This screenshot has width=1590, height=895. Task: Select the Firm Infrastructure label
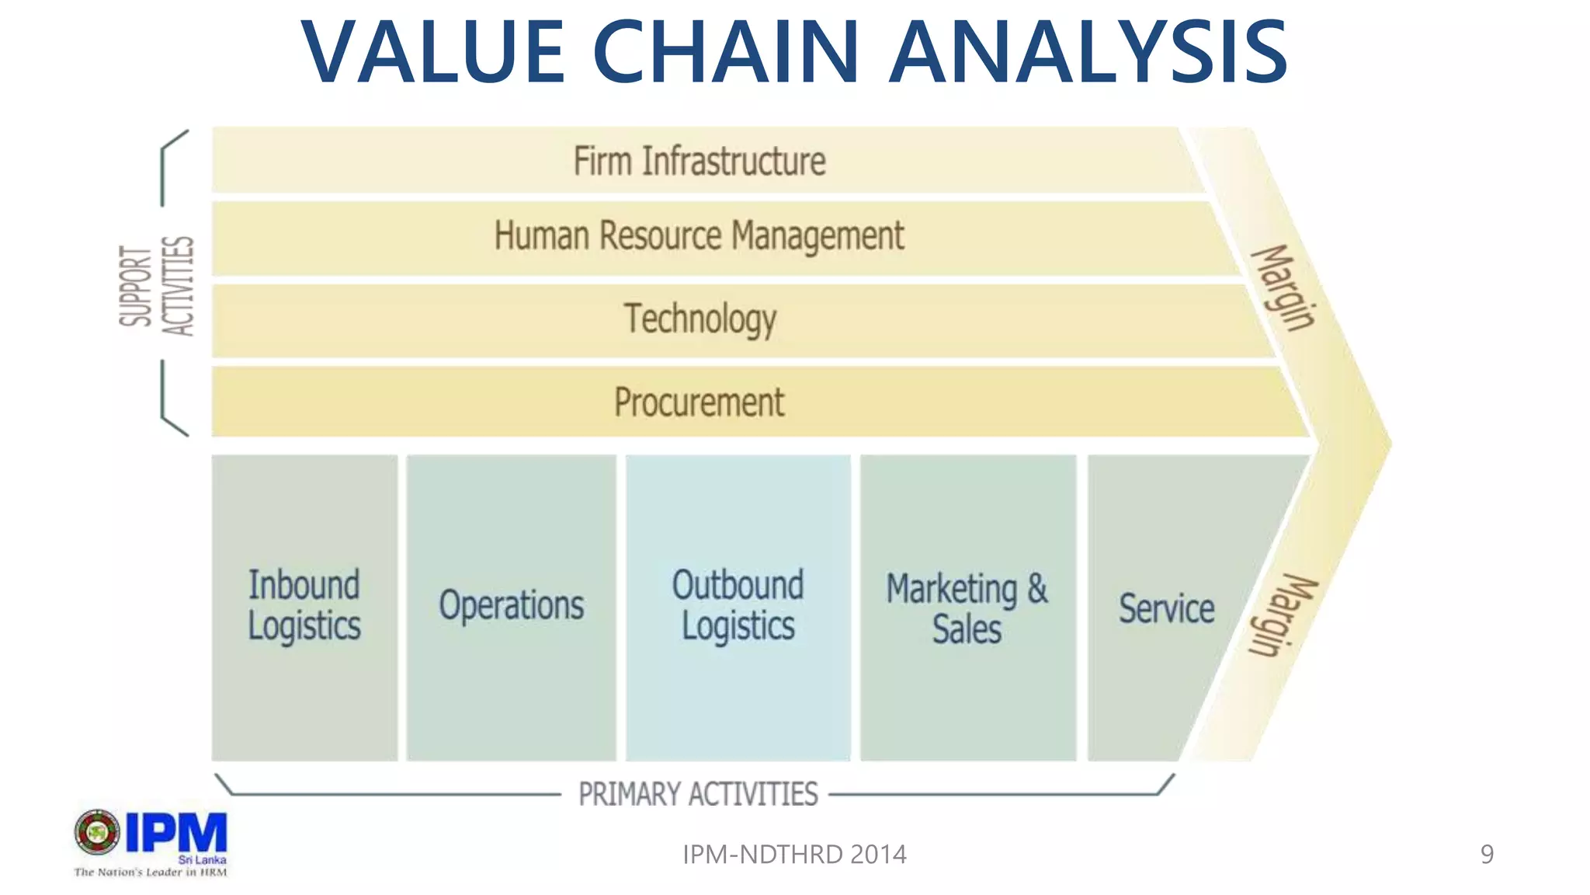pyautogui.click(x=699, y=162)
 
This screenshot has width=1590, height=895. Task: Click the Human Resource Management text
pyautogui.click(x=699, y=236)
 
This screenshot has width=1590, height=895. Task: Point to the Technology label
pyautogui.click(x=700, y=319)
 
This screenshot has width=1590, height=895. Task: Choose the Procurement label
pyautogui.click(x=699, y=402)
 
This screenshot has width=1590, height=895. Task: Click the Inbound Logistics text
pyautogui.click(x=304, y=606)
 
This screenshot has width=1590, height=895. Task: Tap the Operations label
pyautogui.click(x=511, y=606)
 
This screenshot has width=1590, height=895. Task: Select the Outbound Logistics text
pyautogui.click(x=738, y=606)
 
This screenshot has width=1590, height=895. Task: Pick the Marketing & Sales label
pyautogui.click(x=967, y=609)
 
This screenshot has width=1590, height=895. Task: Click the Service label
pyautogui.click(x=1166, y=608)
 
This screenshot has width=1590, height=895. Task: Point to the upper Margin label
pyautogui.click(x=1283, y=287)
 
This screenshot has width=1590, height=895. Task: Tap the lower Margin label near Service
pyautogui.click(x=1282, y=616)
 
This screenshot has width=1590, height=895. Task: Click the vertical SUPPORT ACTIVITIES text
pyautogui.click(x=156, y=286)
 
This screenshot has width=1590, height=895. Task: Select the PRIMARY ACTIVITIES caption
pyautogui.click(x=698, y=794)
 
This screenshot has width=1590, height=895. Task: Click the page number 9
pyautogui.click(x=1486, y=855)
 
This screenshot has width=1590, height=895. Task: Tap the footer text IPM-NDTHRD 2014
pyautogui.click(x=793, y=855)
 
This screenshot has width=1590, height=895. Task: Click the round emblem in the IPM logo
pyautogui.click(x=97, y=832)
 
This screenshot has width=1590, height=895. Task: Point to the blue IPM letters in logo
pyautogui.click(x=176, y=833)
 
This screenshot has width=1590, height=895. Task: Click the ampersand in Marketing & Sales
pyautogui.click(x=1037, y=588)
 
